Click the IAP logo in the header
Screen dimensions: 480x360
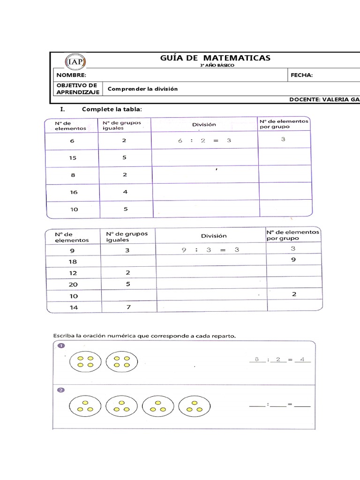[x=75, y=62]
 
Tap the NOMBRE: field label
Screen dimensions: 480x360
[x=71, y=75]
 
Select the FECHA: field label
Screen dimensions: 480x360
[x=301, y=75]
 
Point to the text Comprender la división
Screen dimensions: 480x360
[x=143, y=89]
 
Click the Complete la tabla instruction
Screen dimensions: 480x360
[x=111, y=109]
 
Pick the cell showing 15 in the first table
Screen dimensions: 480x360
[x=73, y=158]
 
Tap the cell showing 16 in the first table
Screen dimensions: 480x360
[x=74, y=192]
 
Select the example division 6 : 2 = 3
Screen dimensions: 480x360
[x=204, y=141]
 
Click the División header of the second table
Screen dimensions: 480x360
[x=214, y=236]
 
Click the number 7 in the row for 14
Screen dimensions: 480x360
[x=127, y=307]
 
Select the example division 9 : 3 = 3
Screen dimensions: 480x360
[x=210, y=250]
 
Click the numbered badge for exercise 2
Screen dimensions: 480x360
[x=60, y=390]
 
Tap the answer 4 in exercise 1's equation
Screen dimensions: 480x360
[x=302, y=360]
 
